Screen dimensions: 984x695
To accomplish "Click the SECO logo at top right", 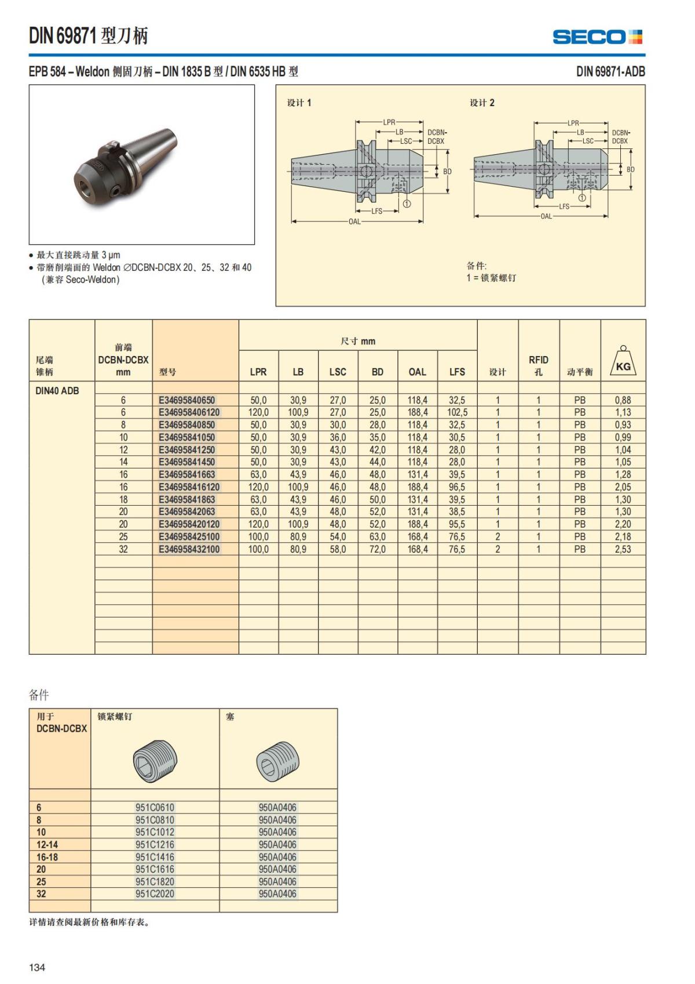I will (x=597, y=37).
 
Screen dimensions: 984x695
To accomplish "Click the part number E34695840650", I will (x=186, y=400).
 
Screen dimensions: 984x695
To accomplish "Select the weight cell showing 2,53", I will (x=623, y=549).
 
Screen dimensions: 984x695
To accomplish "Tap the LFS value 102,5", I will (x=457, y=412).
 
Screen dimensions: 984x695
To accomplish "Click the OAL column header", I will (x=417, y=372).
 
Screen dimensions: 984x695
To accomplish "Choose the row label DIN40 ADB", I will (x=57, y=391).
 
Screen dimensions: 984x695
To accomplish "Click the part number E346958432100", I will (x=189, y=549).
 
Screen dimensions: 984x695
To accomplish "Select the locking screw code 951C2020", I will (x=155, y=894).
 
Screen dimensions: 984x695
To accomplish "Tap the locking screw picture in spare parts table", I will (x=155, y=760).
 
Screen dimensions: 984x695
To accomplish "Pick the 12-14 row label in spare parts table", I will (x=47, y=844).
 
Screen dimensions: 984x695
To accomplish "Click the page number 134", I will (x=37, y=967).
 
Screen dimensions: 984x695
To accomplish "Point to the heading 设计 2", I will (x=482, y=103).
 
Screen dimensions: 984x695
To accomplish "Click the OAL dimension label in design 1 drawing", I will (x=354, y=222).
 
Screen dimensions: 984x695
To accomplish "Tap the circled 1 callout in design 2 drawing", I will (x=582, y=198).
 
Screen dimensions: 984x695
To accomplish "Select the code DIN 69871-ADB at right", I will (x=610, y=71).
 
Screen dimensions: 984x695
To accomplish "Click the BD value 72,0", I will (x=377, y=549).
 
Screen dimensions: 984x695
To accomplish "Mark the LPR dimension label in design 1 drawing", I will (x=389, y=122).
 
